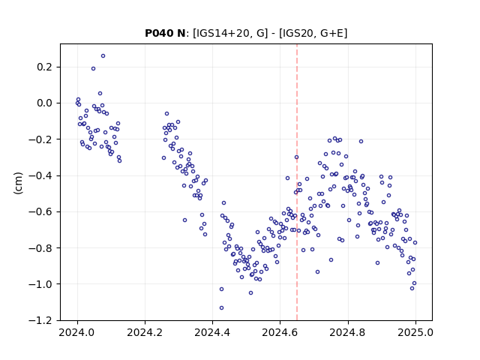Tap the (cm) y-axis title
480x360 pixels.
pyautogui.click(x=18, y=183)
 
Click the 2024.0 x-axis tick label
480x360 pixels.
pyautogui.click(x=77, y=332)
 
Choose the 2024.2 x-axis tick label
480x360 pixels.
pyautogui.click(x=145, y=332)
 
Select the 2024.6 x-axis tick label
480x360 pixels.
pyautogui.click(x=280, y=332)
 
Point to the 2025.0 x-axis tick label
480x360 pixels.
pyautogui.click(x=415, y=332)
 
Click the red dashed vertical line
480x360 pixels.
pyautogui.click(x=297, y=182)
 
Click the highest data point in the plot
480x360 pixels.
pyautogui.click(x=103, y=56)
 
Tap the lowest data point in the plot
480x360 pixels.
pyautogui.click(x=222, y=308)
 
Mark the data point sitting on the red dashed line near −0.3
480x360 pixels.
pyautogui.click(x=297, y=157)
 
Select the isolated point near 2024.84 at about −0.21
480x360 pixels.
pyautogui.click(x=361, y=142)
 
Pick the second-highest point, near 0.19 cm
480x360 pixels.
pyautogui.click(x=93, y=69)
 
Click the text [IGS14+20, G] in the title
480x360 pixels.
pyautogui.click(x=230, y=33)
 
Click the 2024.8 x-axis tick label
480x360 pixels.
pyautogui.click(x=348, y=332)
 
